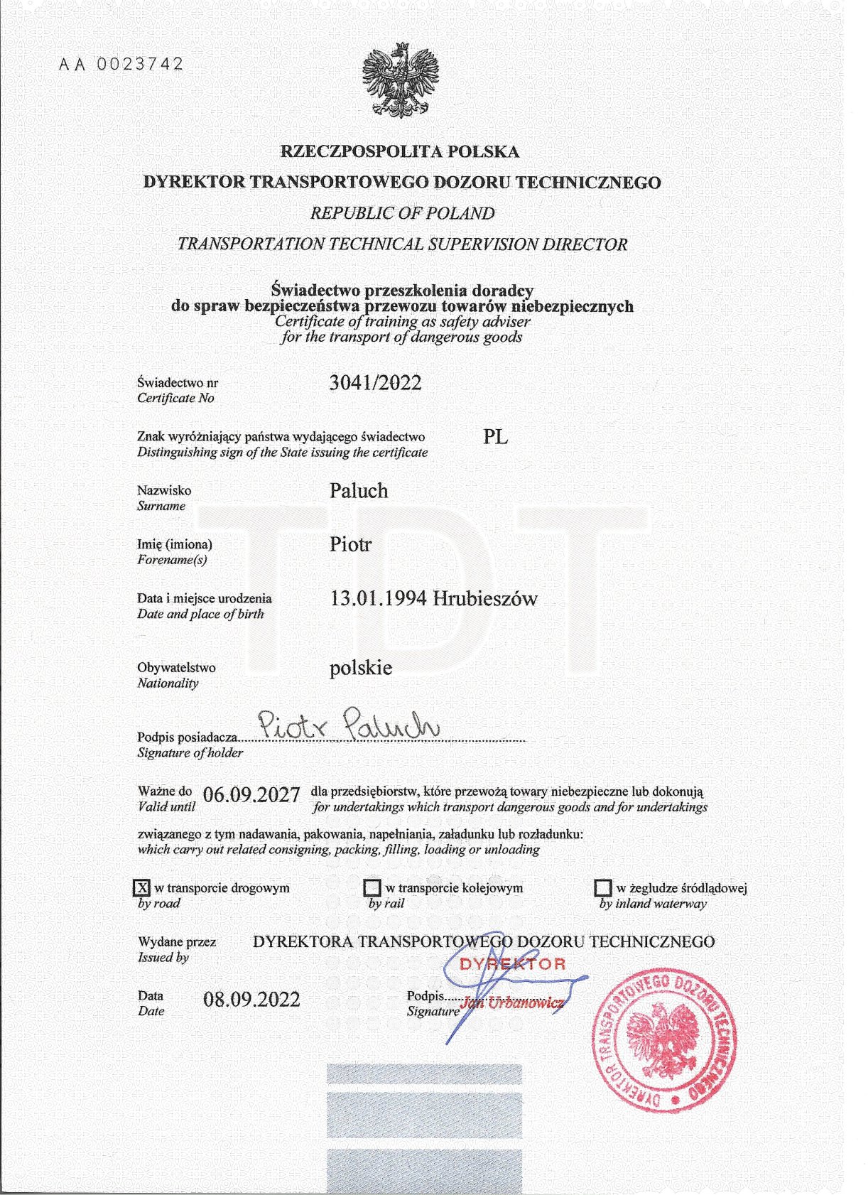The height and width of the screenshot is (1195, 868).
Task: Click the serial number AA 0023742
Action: pos(121,64)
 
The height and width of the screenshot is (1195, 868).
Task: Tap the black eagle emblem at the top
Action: pos(400,80)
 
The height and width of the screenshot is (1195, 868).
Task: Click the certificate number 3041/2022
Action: pos(375,383)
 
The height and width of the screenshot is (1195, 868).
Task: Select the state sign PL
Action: pos(495,437)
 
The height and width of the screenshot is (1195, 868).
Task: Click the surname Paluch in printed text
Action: pos(359,491)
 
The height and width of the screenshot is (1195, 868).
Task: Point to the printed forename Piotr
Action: pos(350,545)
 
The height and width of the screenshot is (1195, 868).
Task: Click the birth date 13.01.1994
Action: pos(378,598)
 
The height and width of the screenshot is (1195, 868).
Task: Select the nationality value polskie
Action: pos(360,668)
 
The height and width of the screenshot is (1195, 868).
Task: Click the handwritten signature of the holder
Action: pos(349,724)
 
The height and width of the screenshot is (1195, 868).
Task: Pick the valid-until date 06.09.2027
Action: pos(251,794)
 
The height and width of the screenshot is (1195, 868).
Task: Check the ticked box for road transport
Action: pos(142,887)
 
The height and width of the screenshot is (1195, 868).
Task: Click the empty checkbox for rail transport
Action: pos(372,888)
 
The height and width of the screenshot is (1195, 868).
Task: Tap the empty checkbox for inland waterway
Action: pos(603,888)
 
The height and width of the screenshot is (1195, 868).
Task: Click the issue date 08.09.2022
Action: pos(251,1000)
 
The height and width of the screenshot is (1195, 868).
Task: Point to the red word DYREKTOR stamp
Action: pos(513,964)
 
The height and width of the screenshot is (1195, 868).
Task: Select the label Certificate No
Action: pos(175,399)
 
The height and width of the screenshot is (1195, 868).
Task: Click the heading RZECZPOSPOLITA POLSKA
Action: pos(400,151)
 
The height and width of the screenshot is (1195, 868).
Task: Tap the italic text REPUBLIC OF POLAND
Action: pos(402,213)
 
